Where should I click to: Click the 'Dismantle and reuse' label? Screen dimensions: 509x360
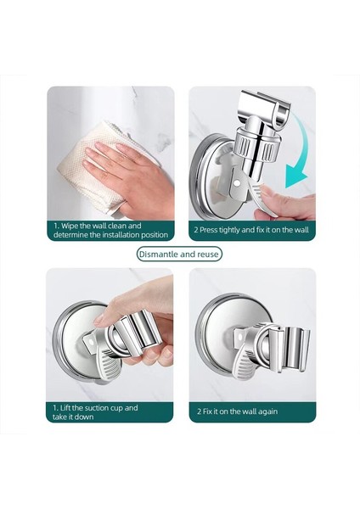click(x=179, y=255)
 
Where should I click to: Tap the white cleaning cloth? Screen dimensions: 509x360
click(x=81, y=178)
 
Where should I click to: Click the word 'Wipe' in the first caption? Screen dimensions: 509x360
click(x=75, y=224)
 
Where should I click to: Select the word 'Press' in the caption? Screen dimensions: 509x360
click(x=216, y=229)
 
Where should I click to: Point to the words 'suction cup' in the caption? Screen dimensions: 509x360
click(x=118, y=407)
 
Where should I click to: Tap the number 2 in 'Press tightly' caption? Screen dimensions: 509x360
click(x=196, y=229)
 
